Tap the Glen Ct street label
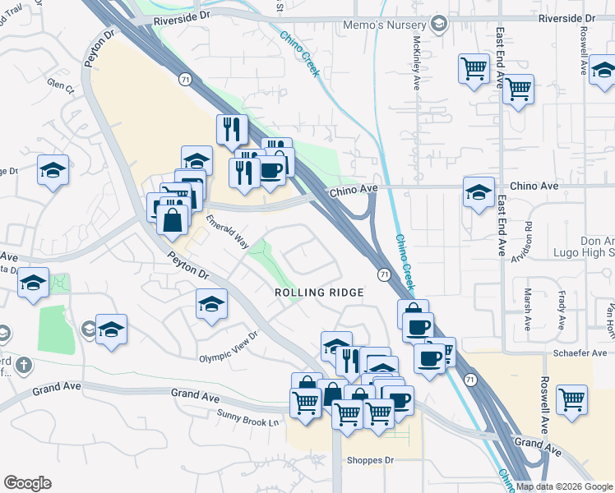pos(60,84)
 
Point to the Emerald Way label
pos(228,232)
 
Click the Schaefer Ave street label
pos(585,352)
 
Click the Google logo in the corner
pos(27,483)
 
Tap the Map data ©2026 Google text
pos(565,486)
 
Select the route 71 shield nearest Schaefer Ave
pos(469,380)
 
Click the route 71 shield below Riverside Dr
pos(186,78)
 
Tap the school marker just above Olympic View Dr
pos(211,304)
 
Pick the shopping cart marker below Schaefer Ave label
pos(571,400)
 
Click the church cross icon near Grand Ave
pos(25,365)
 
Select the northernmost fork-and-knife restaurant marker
pos(232,129)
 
